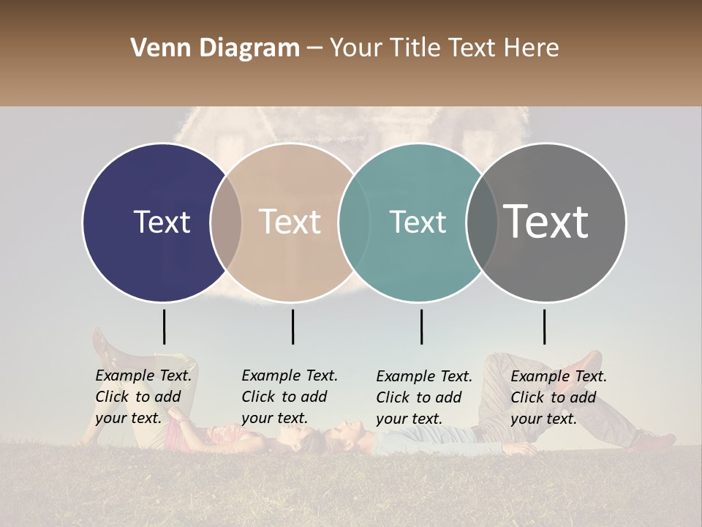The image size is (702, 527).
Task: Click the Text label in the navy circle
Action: (x=162, y=222)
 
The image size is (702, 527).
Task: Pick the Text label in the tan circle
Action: (x=290, y=222)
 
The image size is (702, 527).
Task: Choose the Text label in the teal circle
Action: (x=418, y=222)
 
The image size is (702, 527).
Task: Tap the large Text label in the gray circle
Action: (x=546, y=222)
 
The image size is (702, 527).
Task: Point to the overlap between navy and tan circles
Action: (x=226, y=222)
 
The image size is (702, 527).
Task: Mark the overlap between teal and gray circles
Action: (x=482, y=222)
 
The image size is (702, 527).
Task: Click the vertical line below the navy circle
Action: (x=165, y=326)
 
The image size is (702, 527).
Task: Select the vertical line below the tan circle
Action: (x=292, y=326)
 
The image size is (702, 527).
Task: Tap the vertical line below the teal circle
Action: (x=421, y=326)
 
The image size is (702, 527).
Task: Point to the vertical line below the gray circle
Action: (x=544, y=326)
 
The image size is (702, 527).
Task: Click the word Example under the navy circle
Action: (x=125, y=376)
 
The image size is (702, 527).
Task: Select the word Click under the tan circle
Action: (x=258, y=397)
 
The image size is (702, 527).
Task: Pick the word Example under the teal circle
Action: (x=406, y=377)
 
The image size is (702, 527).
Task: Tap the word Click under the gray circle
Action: (x=527, y=397)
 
